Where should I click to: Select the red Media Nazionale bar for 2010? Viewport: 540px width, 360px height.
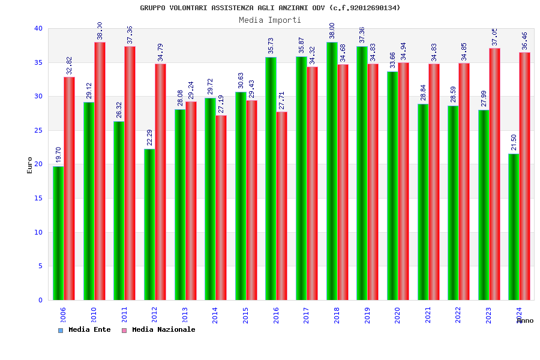100,171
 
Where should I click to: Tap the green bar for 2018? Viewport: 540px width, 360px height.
332,171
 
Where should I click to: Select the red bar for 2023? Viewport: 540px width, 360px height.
494,174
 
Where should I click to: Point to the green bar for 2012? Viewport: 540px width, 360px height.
149,224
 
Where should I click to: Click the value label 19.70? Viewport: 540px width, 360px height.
59,155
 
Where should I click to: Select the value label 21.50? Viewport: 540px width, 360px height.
514,142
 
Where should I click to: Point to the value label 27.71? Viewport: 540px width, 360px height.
282,100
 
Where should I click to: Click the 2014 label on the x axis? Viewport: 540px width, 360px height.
215,316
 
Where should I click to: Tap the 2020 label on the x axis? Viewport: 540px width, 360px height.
398,316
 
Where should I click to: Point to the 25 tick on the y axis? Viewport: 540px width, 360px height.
38,130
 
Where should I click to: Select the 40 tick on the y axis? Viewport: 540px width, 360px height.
38,28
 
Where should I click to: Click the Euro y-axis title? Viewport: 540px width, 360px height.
30,165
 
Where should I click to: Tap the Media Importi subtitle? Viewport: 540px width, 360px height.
270,20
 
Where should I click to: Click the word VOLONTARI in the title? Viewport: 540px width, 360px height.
184,8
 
